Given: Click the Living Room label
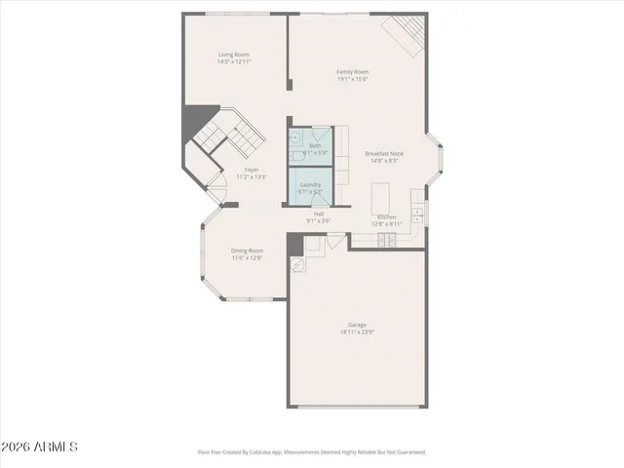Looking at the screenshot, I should pyautogui.click(x=234, y=57).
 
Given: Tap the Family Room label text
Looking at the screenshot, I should pyautogui.click(x=352, y=72).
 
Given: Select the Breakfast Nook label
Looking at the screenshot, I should pyautogui.click(x=384, y=153).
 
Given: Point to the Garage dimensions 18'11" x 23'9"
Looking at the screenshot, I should pyautogui.click(x=357, y=332).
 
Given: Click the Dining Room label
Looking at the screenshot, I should pyautogui.click(x=247, y=251).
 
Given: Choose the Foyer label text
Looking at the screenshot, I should pyautogui.click(x=252, y=169).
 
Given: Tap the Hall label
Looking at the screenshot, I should pyautogui.click(x=320, y=213).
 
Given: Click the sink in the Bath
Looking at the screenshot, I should pyautogui.click(x=294, y=137).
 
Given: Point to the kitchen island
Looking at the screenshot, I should pyautogui.click(x=381, y=201).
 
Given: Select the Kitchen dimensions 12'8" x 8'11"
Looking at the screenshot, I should pyautogui.click(x=384, y=224).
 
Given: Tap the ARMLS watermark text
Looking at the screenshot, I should pyautogui.click(x=39, y=448).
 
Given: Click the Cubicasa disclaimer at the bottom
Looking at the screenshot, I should pyautogui.click(x=312, y=452).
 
